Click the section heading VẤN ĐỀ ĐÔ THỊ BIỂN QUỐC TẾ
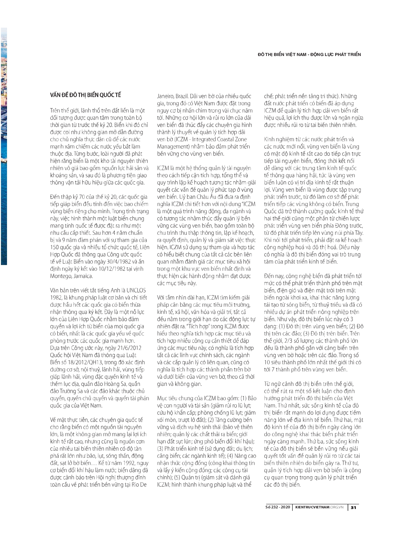(86, 95)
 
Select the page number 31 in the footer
(353, 507)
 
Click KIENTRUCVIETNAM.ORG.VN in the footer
(320, 507)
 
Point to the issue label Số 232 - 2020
(278, 507)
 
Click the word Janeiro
(165, 96)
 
